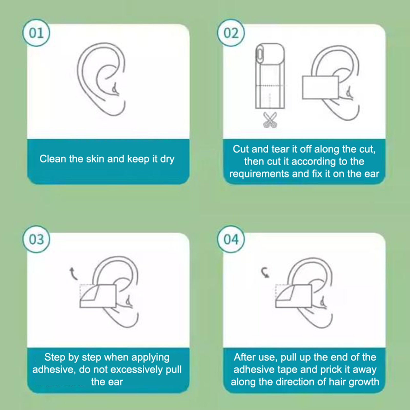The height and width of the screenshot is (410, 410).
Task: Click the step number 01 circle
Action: click(36, 33)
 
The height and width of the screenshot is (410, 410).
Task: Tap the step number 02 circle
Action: click(231, 33)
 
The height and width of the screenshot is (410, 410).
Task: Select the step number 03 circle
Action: click(36, 239)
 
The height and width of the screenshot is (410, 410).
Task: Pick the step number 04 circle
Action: click(231, 239)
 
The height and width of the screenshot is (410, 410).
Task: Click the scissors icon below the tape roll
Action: click(270, 120)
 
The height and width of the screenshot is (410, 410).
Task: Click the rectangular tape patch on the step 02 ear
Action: click(320, 87)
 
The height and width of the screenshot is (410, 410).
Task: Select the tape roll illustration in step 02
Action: click(270, 76)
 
